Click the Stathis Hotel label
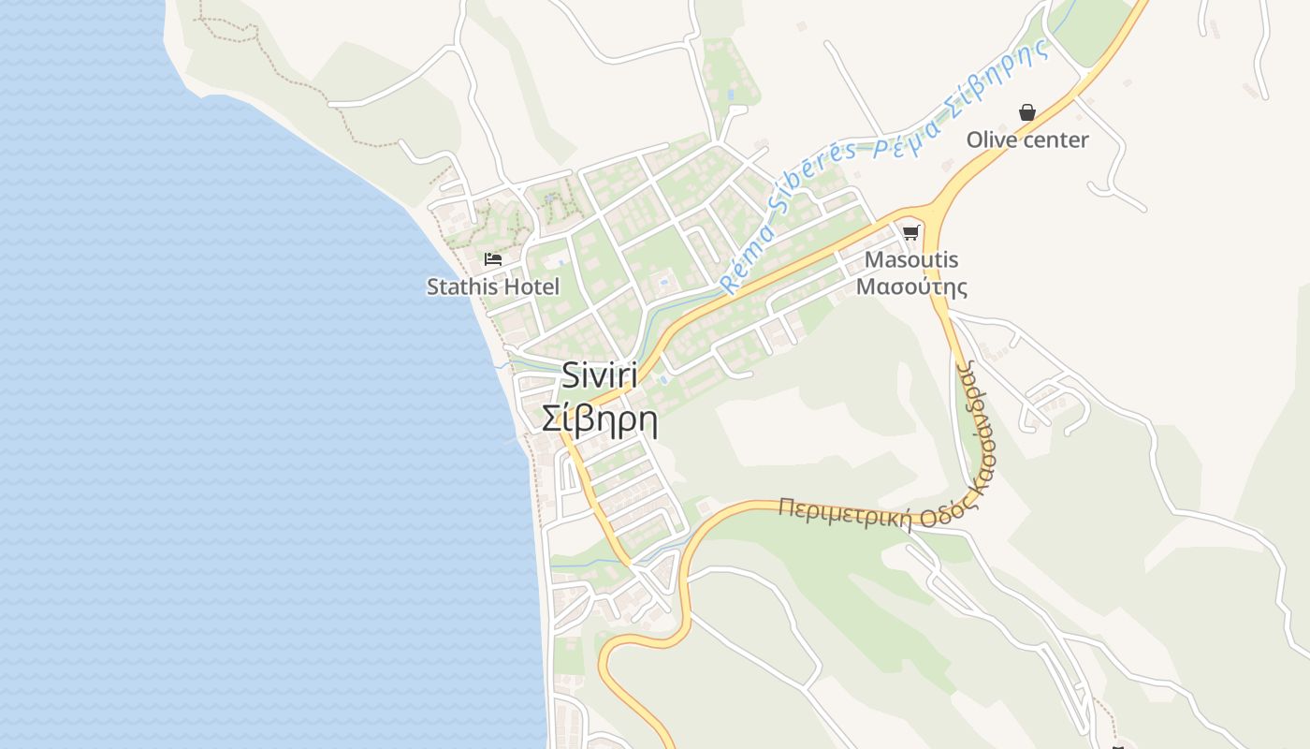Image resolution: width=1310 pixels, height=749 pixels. [493, 286]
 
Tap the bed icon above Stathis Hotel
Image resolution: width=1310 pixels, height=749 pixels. [493, 259]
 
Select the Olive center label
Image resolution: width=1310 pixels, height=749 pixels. [1027, 140]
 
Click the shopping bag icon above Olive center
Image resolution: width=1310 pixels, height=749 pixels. [1027, 113]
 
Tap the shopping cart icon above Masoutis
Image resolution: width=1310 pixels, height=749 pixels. [911, 232]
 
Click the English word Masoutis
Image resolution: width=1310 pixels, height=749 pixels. [911, 259]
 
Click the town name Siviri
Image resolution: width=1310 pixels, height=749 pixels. [600, 375]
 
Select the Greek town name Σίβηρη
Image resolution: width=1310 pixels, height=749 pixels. [600, 419]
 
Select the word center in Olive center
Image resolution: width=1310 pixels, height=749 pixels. [1055, 140]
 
